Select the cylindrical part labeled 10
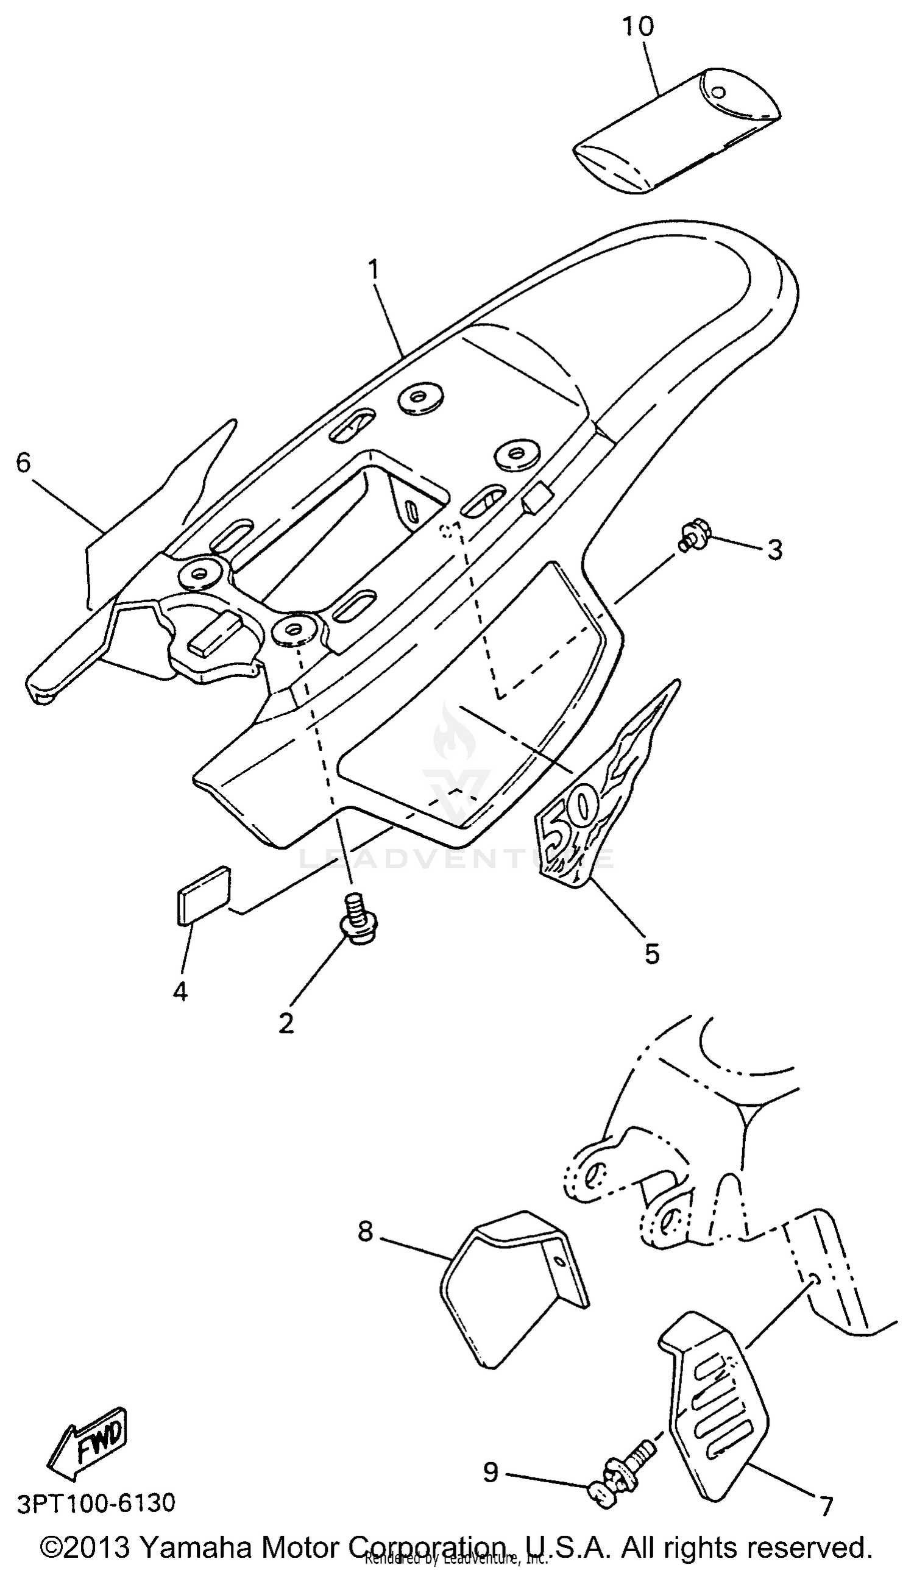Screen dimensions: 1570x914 pyautogui.click(x=675, y=130)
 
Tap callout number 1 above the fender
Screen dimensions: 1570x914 pyautogui.click(x=373, y=271)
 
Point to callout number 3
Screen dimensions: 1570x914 pyautogui.click(x=774, y=550)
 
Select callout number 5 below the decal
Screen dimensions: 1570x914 pyautogui.click(x=652, y=954)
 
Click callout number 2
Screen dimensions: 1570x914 pyautogui.click(x=286, y=1022)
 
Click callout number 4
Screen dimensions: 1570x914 pyautogui.click(x=180, y=990)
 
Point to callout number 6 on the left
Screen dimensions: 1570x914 pyautogui.click(x=23, y=463)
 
